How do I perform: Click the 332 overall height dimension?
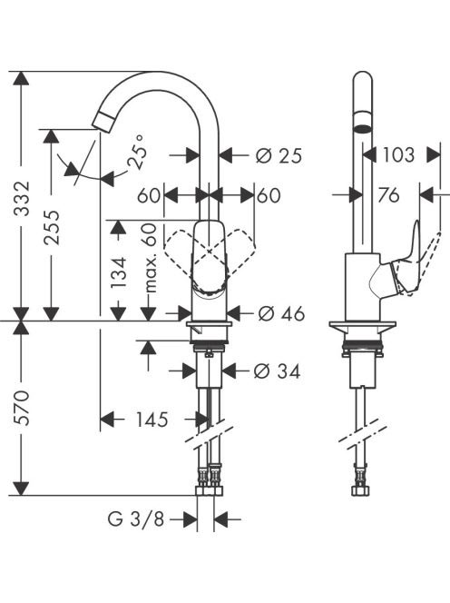coord(21,198)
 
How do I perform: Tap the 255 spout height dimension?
coord(51,228)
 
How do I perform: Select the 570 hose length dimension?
coord(21,408)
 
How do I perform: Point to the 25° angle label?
coord(138,152)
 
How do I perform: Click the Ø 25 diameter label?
coord(279,156)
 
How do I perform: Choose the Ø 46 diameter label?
coord(281,314)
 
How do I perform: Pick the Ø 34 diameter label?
coord(277,371)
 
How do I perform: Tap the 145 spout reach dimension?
coord(152,420)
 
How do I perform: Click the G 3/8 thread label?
coord(136,519)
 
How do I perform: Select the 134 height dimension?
coord(118,272)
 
